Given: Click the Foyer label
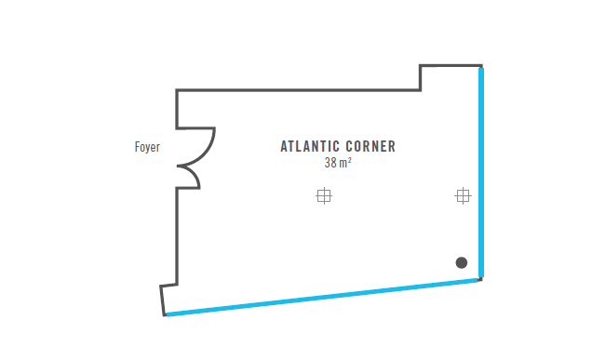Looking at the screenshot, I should tap(148, 147).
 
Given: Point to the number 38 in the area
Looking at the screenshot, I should tap(330, 163).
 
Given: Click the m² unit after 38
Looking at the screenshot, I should tap(345, 163).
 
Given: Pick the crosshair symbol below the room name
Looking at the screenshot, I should tap(324, 195).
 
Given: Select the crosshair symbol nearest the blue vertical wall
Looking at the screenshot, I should tap(463, 195).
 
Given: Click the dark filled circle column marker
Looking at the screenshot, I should tap(462, 262).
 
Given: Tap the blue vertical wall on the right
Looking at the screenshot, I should tap(481, 172).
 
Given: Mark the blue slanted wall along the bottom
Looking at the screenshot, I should tap(323, 297).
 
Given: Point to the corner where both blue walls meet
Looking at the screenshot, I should tap(481, 278).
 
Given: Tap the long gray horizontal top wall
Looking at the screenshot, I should tap(298, 90).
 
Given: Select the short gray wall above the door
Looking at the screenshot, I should tap(177, 109).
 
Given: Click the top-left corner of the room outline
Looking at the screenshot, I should tap(177, 90).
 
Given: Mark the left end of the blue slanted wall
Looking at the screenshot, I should tap(167, 315).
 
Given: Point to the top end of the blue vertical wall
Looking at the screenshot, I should tap(481, 67).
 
